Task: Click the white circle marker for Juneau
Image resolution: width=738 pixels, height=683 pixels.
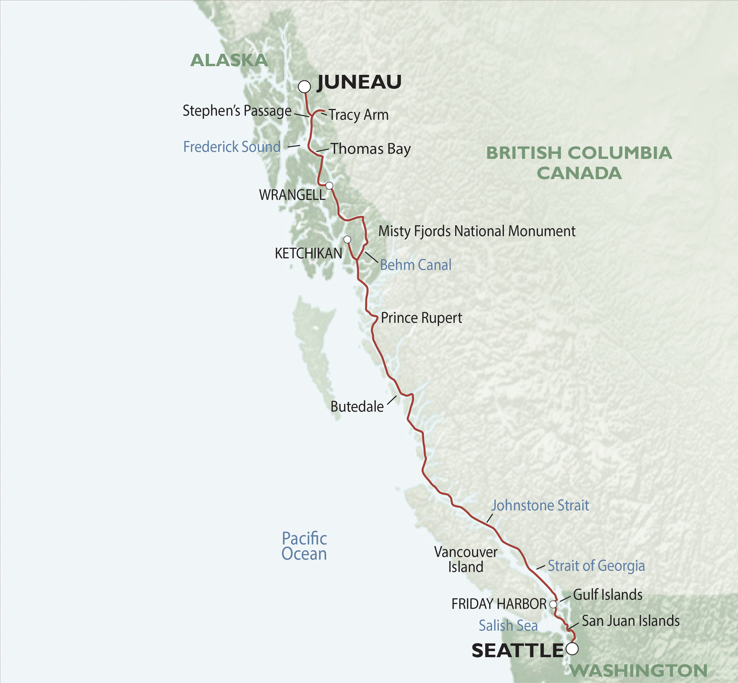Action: point(304,87)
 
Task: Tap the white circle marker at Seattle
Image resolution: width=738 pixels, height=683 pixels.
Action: point(572,649)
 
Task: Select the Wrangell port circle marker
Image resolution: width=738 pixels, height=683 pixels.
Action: point(329,185)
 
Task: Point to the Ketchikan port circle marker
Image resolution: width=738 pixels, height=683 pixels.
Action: point(347,239)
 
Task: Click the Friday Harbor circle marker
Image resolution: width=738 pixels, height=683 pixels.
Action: point(553,604)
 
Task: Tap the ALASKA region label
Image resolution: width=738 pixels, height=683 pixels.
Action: point(229,60)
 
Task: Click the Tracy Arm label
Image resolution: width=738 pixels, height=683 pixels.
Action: point(359,115)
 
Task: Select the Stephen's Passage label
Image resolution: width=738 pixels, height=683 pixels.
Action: point(237,111)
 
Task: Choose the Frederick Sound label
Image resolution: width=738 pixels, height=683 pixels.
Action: point(232,147)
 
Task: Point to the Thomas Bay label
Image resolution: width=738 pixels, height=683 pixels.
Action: point(371,149)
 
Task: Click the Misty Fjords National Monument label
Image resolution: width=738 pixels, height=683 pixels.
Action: point(477,231)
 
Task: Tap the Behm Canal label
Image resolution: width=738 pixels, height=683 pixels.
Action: point(416,265)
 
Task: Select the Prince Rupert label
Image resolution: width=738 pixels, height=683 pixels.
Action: point(421,318)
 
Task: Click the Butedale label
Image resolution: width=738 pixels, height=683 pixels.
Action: point(357,406)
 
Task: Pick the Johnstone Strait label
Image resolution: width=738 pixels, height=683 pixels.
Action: point(540,505)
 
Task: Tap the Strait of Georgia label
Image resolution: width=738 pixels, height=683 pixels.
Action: point(596,566)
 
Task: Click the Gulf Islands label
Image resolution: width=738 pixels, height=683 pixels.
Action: point(607,595)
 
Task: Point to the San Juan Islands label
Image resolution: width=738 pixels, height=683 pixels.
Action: point(630,621)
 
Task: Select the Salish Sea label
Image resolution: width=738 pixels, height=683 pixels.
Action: point(508,625)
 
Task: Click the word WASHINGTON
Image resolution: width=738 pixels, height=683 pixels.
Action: point(638,671)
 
